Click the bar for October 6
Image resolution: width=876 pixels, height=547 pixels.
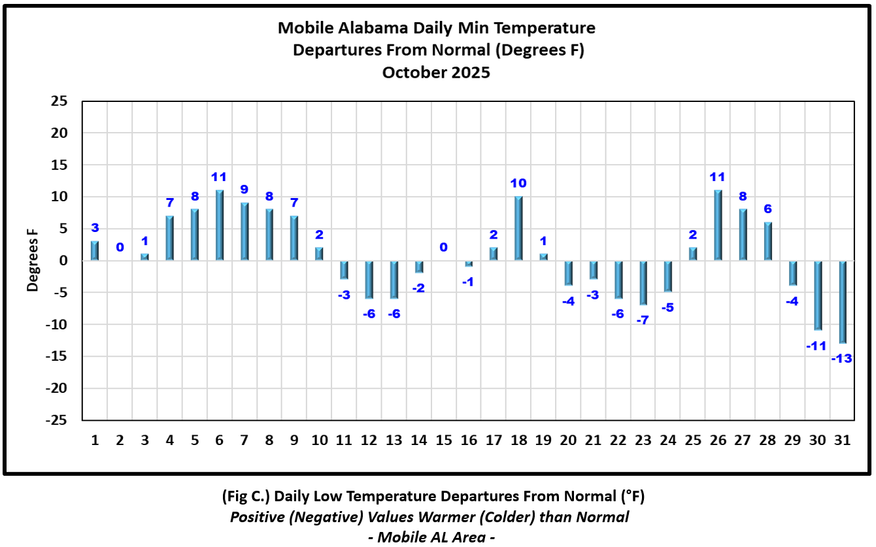[x=220, y=225]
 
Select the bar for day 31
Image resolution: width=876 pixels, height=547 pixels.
[x=843, y=302]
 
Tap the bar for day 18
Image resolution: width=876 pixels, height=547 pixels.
[x=519, y=228]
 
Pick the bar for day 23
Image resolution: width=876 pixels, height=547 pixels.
[x=643, y=282]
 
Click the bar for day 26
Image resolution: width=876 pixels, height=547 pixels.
[x=718, y=225]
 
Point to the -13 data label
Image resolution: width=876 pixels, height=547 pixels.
[x=842, y=358]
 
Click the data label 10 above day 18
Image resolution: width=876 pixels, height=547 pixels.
[x=519, y=183]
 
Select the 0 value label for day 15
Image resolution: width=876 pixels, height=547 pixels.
[x=443, y=247]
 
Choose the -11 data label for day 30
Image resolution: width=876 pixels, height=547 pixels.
[x=817, y=346]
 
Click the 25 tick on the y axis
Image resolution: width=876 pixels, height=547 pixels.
[x=59, y=101]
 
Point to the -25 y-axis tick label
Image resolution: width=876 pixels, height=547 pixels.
[x=57, y=420]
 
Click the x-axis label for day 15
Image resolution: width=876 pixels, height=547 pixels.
[x=444, y=440]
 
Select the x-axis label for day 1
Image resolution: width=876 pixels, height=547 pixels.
[x=95, y=440]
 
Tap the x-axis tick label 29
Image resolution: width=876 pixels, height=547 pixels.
[x=792, y=440]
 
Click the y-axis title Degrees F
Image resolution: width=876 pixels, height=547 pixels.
[x=32, y=261]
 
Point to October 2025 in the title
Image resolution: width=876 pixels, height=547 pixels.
[x=436, y=73]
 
